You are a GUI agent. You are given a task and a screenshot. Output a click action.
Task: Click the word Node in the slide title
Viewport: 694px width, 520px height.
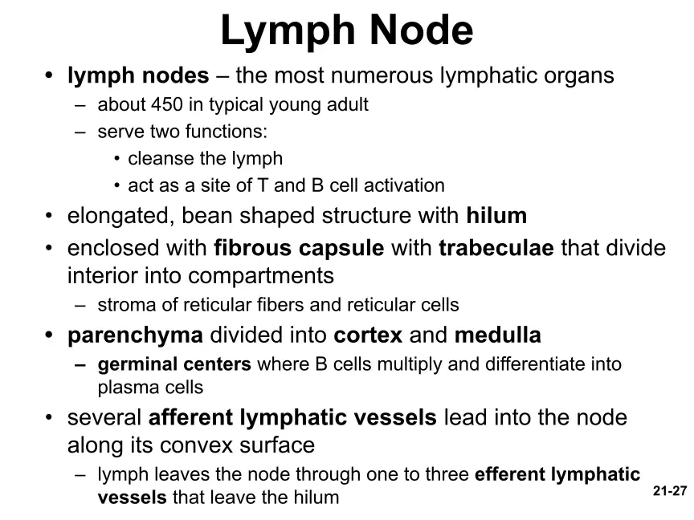(421, 30)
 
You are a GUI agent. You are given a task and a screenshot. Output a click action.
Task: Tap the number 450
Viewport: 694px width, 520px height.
(167, 104)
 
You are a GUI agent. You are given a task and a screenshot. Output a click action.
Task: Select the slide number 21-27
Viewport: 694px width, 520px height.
(670, 491)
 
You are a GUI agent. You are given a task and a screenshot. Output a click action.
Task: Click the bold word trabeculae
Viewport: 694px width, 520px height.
(496, 248)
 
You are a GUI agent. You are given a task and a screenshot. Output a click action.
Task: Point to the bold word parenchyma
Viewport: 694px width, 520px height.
(136, 336)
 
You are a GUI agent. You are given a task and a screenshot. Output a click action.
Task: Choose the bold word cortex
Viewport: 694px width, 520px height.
(368, 335)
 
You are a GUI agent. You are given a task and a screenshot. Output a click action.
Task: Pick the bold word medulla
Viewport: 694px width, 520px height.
(497, 335)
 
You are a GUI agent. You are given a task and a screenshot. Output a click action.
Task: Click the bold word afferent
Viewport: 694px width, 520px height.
(190, 417)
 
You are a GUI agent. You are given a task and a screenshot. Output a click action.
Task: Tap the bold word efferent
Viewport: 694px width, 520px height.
(509, 474)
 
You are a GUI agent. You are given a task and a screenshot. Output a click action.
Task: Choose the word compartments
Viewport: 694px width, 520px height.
(261, 276)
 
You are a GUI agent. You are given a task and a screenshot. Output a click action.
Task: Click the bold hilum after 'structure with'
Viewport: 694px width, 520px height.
(496, 215)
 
